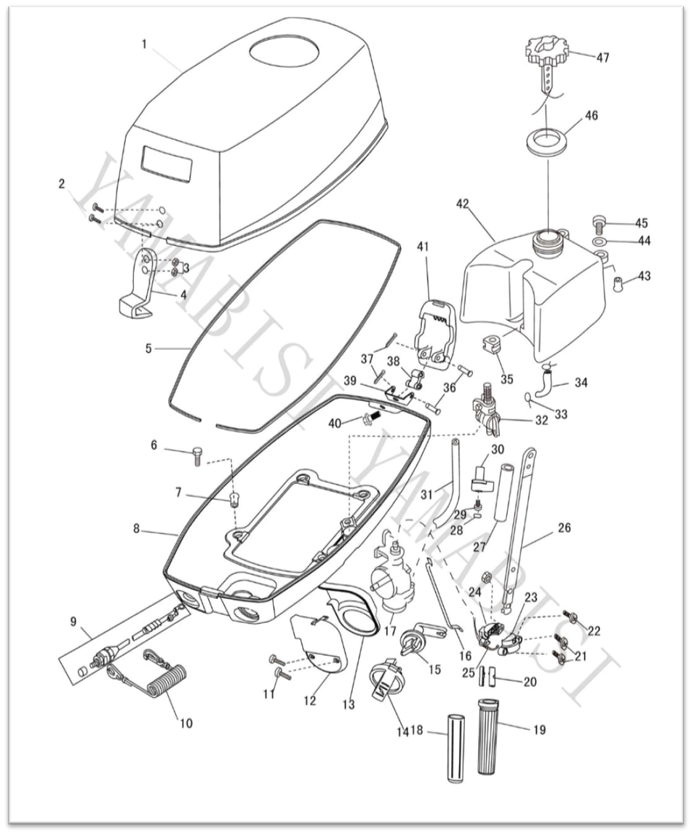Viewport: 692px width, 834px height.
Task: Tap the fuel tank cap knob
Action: [545, 52]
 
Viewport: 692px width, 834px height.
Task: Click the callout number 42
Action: [463, 203]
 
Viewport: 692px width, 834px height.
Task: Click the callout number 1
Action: [144, 44]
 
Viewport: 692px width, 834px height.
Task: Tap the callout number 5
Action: [148, 349]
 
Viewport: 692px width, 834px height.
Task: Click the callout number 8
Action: [137, 529]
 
